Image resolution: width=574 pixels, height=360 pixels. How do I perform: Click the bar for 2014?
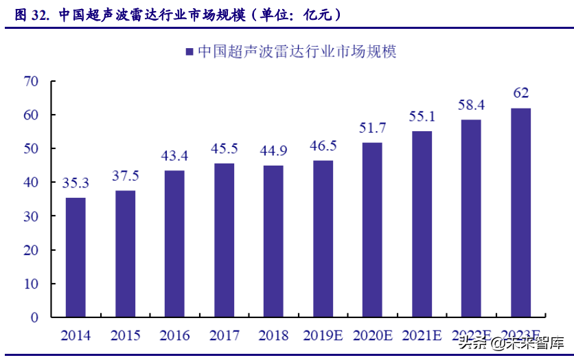pos(76,258)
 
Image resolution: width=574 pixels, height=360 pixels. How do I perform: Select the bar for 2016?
pos(174,244)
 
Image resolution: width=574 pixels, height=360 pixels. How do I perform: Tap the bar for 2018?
pos(273,241)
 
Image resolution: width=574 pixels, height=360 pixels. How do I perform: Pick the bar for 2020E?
pos(372,229)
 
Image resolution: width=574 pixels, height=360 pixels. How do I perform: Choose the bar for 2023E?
pos(520,212)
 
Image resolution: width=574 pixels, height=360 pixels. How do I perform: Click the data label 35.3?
pos(76,183)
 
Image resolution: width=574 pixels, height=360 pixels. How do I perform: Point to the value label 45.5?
pos(224,149)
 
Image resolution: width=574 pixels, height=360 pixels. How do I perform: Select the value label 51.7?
pos(372,128)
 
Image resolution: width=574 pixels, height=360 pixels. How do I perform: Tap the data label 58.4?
pos(471,105)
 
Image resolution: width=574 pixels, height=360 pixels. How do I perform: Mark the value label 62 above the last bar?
pos(520,93)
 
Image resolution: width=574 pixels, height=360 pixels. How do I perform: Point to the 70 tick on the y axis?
pos(30,81)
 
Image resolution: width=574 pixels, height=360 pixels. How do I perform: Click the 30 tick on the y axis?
pos(30,216)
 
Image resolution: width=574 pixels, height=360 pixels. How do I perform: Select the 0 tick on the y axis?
pos(34,317)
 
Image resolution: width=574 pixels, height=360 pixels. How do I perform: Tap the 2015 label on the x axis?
pos(125,335)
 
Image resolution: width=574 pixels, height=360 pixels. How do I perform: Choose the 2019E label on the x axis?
pos(323,335)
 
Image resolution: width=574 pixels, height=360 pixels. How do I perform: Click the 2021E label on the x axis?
pos(422,335)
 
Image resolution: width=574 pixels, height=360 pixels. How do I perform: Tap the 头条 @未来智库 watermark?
pos(512,341)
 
